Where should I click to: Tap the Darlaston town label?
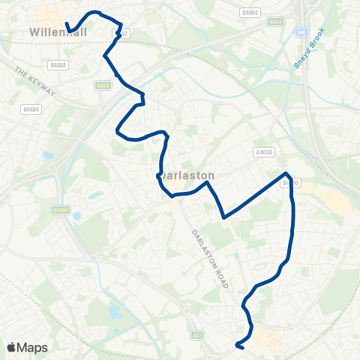click(187, 175)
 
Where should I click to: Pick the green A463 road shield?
click(104, 86)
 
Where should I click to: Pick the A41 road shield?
click(196, 334)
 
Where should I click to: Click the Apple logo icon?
click(13, 347)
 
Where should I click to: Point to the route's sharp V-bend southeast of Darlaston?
click(223, 218)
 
